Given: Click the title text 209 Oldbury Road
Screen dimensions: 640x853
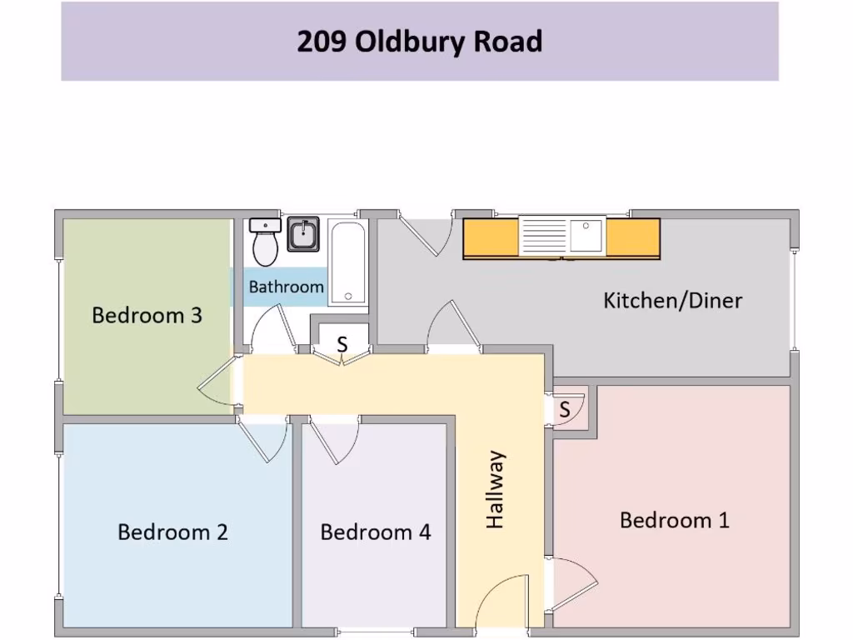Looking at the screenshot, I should (x=419, y=42).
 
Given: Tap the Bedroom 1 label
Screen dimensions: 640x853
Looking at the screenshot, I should (x=674, y=521).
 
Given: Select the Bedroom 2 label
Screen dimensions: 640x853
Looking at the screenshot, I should (x=172, y=532).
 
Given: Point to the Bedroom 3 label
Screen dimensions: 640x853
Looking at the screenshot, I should (x=147, y=316).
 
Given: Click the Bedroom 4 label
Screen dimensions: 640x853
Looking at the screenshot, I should (x=375, y=532).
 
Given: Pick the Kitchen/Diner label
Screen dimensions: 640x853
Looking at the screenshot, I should (x=671, y=300).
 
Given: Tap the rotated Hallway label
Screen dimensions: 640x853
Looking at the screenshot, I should (x=496, y=489).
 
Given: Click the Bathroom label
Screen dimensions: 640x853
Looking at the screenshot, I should (x=286, y=287).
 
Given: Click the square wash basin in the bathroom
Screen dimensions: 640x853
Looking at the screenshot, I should (x=303, y=233).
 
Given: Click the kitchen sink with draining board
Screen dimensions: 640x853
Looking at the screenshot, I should (x=561, y=237).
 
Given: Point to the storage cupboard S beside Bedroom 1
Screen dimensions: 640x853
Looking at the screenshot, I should (x=566, y=409).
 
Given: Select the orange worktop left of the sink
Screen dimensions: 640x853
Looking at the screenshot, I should (x=491, y=237).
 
